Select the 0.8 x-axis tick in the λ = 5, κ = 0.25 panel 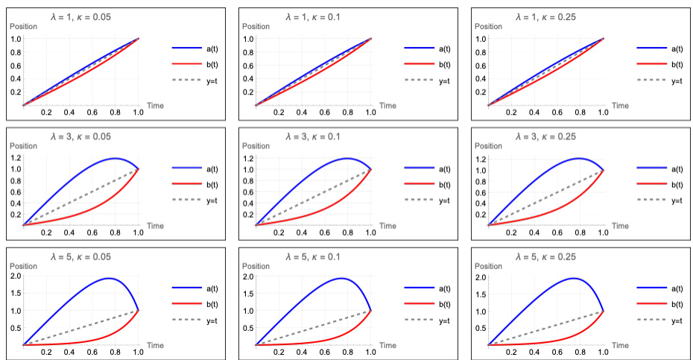point(580,353)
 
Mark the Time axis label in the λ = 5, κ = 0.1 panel point(387,345)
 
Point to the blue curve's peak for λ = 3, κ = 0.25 point(579,159)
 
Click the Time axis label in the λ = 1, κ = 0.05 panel point(155,105)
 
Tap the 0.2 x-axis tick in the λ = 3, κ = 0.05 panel point(46,233)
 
